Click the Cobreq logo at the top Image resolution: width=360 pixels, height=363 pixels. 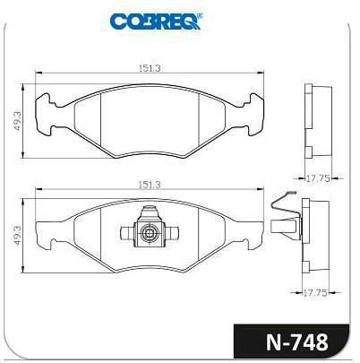[156, 22]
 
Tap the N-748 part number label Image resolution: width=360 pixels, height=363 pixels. [297, 341]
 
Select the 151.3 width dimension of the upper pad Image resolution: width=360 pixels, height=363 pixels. [150, 68]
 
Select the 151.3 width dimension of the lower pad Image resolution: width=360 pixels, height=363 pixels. [150, 185]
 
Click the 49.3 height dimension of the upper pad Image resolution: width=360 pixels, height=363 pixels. [17, 121]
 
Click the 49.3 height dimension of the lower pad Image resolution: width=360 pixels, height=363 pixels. [17, 236]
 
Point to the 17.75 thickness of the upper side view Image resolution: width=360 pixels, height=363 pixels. [318, 178]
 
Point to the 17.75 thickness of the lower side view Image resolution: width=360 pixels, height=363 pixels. [315, 293]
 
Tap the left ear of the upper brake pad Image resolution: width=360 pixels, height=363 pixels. [45, 115]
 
